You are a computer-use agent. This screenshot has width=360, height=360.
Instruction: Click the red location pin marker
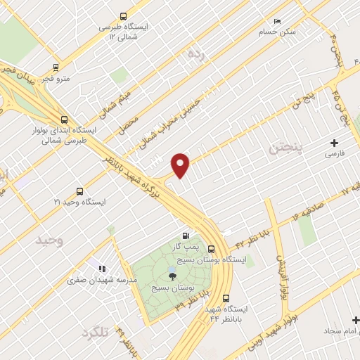181,165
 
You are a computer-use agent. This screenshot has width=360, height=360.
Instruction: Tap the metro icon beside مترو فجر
55,69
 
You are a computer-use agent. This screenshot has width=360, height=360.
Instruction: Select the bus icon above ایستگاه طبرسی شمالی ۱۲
124,15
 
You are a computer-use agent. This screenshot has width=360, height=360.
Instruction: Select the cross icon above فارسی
334,143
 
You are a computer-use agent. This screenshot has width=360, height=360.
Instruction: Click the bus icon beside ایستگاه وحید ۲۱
79,191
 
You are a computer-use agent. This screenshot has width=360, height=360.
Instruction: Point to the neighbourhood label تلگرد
95,333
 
